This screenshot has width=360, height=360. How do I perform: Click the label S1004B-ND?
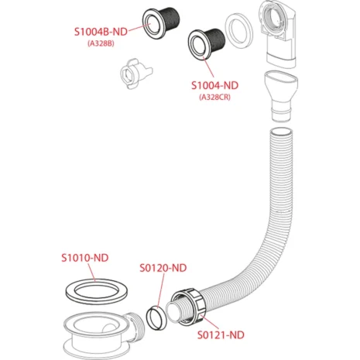tap(101, 32)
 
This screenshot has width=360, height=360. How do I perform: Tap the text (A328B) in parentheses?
tap(101, 43)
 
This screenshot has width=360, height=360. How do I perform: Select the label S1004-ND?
tap(214, 85)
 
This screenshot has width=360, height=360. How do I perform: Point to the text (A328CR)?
tap(214, 97)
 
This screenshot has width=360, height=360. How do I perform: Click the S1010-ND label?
tap(85, 258)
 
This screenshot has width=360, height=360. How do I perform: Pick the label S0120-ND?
tap(163, 268)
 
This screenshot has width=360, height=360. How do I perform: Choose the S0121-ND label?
tap(221, 335)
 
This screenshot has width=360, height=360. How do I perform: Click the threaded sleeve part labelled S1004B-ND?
tap(161, 22)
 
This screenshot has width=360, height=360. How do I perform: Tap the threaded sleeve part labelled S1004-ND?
tap(207, 45)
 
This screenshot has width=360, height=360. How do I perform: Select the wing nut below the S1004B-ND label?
tap(135, 74)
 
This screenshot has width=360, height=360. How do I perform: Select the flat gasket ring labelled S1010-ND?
tap(97, 291)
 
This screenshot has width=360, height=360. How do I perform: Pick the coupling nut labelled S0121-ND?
tap(188, 307)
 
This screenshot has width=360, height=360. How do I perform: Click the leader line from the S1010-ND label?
tap(91, 273)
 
